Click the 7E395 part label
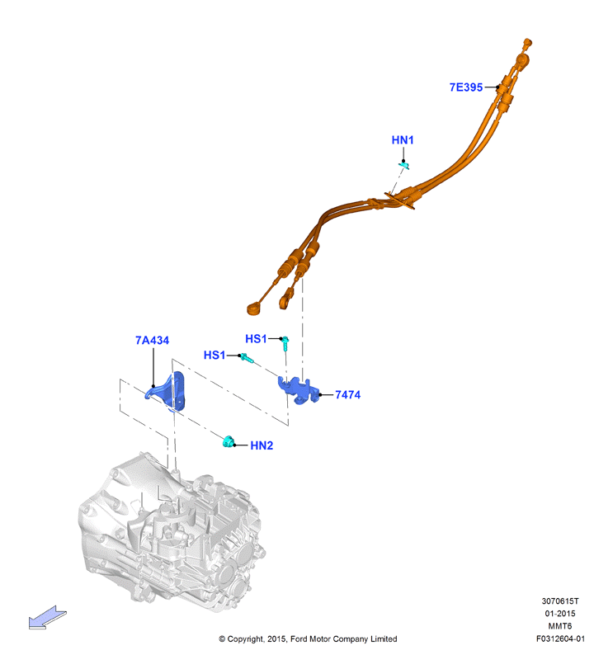pos(466,87)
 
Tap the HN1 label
pos(403,140)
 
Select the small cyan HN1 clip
pos(404,165)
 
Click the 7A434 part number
pos(152,341)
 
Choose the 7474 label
pos(347,394)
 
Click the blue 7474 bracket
pos(299,390)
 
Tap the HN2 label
pos(262,445)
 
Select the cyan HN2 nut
pos(229,441)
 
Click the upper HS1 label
pos(256,339)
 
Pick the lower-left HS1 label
pos(215,355)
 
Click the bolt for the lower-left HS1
pos(247,358)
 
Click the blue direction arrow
pos(47,618)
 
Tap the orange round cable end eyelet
pos(254,308)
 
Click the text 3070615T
pos(560,601)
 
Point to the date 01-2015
pos(560,614)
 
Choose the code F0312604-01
pos(560,638)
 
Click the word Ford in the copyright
pos(299,639)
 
